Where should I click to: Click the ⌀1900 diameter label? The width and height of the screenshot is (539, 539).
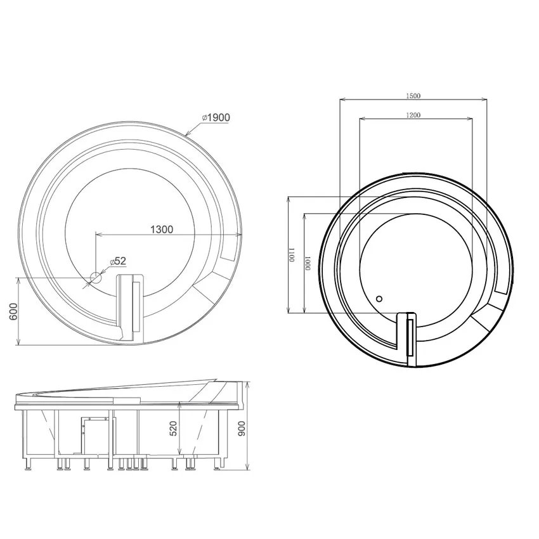pyautogui.click(x=216, y=117)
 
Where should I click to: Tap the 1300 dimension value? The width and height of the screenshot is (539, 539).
pyautogui.click(x=162, y=230)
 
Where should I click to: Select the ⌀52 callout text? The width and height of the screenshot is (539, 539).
pyautogui.click(x=118, y=261)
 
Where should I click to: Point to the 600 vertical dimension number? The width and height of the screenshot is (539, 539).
pyautogui.click(x=13, y=311)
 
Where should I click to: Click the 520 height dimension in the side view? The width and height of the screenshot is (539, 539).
pyautogui.click(x=173, y=429)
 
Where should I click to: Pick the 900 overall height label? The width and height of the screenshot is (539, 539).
pyautogui.click(x=242, y=429)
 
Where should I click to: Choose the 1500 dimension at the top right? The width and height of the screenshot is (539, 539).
pyautogui.click(x=413, y=96)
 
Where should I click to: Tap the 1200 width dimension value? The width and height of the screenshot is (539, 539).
pyautogui.click(x=413, y=115)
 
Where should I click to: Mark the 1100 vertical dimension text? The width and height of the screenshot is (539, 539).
pyautogui.click(x=292, y=255)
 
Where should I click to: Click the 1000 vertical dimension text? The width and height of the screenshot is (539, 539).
pyautogui.click(x=308, y=263)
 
